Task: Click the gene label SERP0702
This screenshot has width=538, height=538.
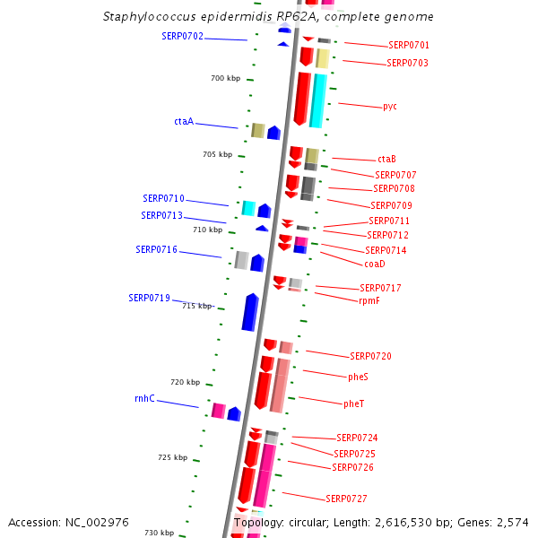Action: (182, 37)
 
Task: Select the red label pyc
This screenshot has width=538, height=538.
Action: (389, 107)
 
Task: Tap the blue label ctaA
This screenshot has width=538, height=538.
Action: (184, 121)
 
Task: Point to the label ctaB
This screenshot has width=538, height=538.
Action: (386, 160)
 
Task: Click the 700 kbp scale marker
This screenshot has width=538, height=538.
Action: (226, 79)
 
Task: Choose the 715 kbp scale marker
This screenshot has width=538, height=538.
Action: (197, 306)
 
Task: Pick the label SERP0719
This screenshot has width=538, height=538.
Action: (149, 298)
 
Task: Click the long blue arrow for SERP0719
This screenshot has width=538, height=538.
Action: (250, 312)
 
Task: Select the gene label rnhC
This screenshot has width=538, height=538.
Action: (144, 398)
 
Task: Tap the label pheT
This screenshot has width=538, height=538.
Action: (353, 403)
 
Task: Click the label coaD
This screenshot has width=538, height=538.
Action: (374, 264)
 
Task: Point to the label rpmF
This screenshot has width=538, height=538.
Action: (369, 301)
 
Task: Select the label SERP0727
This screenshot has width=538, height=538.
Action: (345, 499)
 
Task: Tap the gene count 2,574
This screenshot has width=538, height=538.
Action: (512, 522)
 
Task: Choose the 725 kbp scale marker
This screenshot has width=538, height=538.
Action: (173, 458)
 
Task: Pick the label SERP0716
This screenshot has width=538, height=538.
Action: (156, 249)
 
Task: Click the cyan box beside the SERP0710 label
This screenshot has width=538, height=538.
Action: (248, 208)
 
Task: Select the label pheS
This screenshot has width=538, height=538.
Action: (358, 377)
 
